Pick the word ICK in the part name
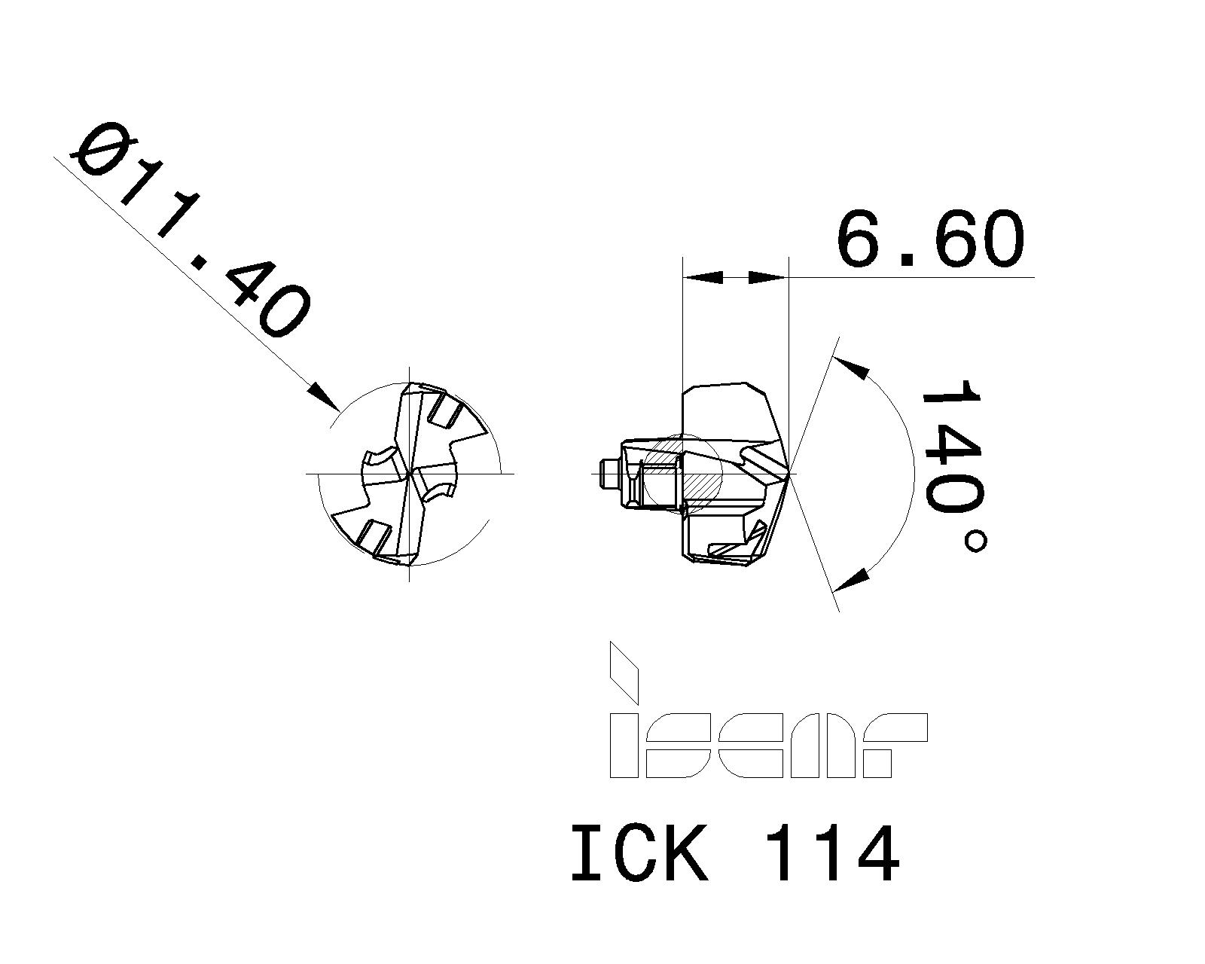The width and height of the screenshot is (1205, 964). [x=639, y=855]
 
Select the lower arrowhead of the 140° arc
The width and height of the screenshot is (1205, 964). [x=854, y=580]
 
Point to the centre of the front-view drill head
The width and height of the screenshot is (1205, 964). [x=408, y=474]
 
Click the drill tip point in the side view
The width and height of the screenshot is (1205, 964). [x=788, y=474]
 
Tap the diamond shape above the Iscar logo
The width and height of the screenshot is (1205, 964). [x=623, y=670]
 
